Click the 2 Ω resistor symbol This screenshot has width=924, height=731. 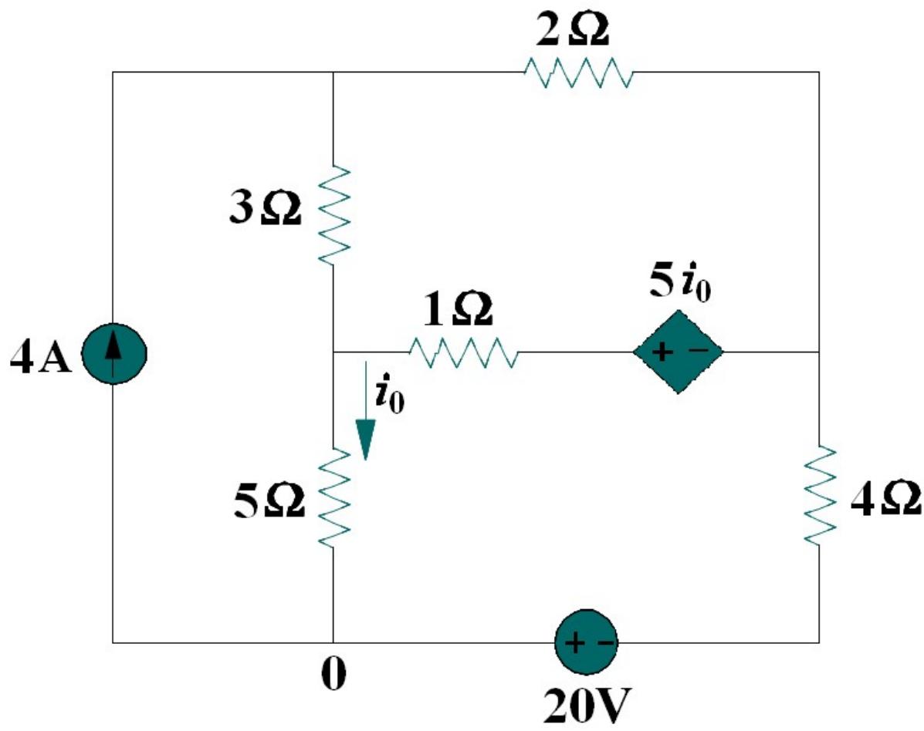point(577,72)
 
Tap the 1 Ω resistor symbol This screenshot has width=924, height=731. point(462,352)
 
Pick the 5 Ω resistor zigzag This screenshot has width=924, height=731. point(333,497)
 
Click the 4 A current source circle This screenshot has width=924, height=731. point(113,352)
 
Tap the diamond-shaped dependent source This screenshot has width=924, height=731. point(678,352)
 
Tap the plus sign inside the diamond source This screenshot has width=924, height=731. point(663,352)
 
